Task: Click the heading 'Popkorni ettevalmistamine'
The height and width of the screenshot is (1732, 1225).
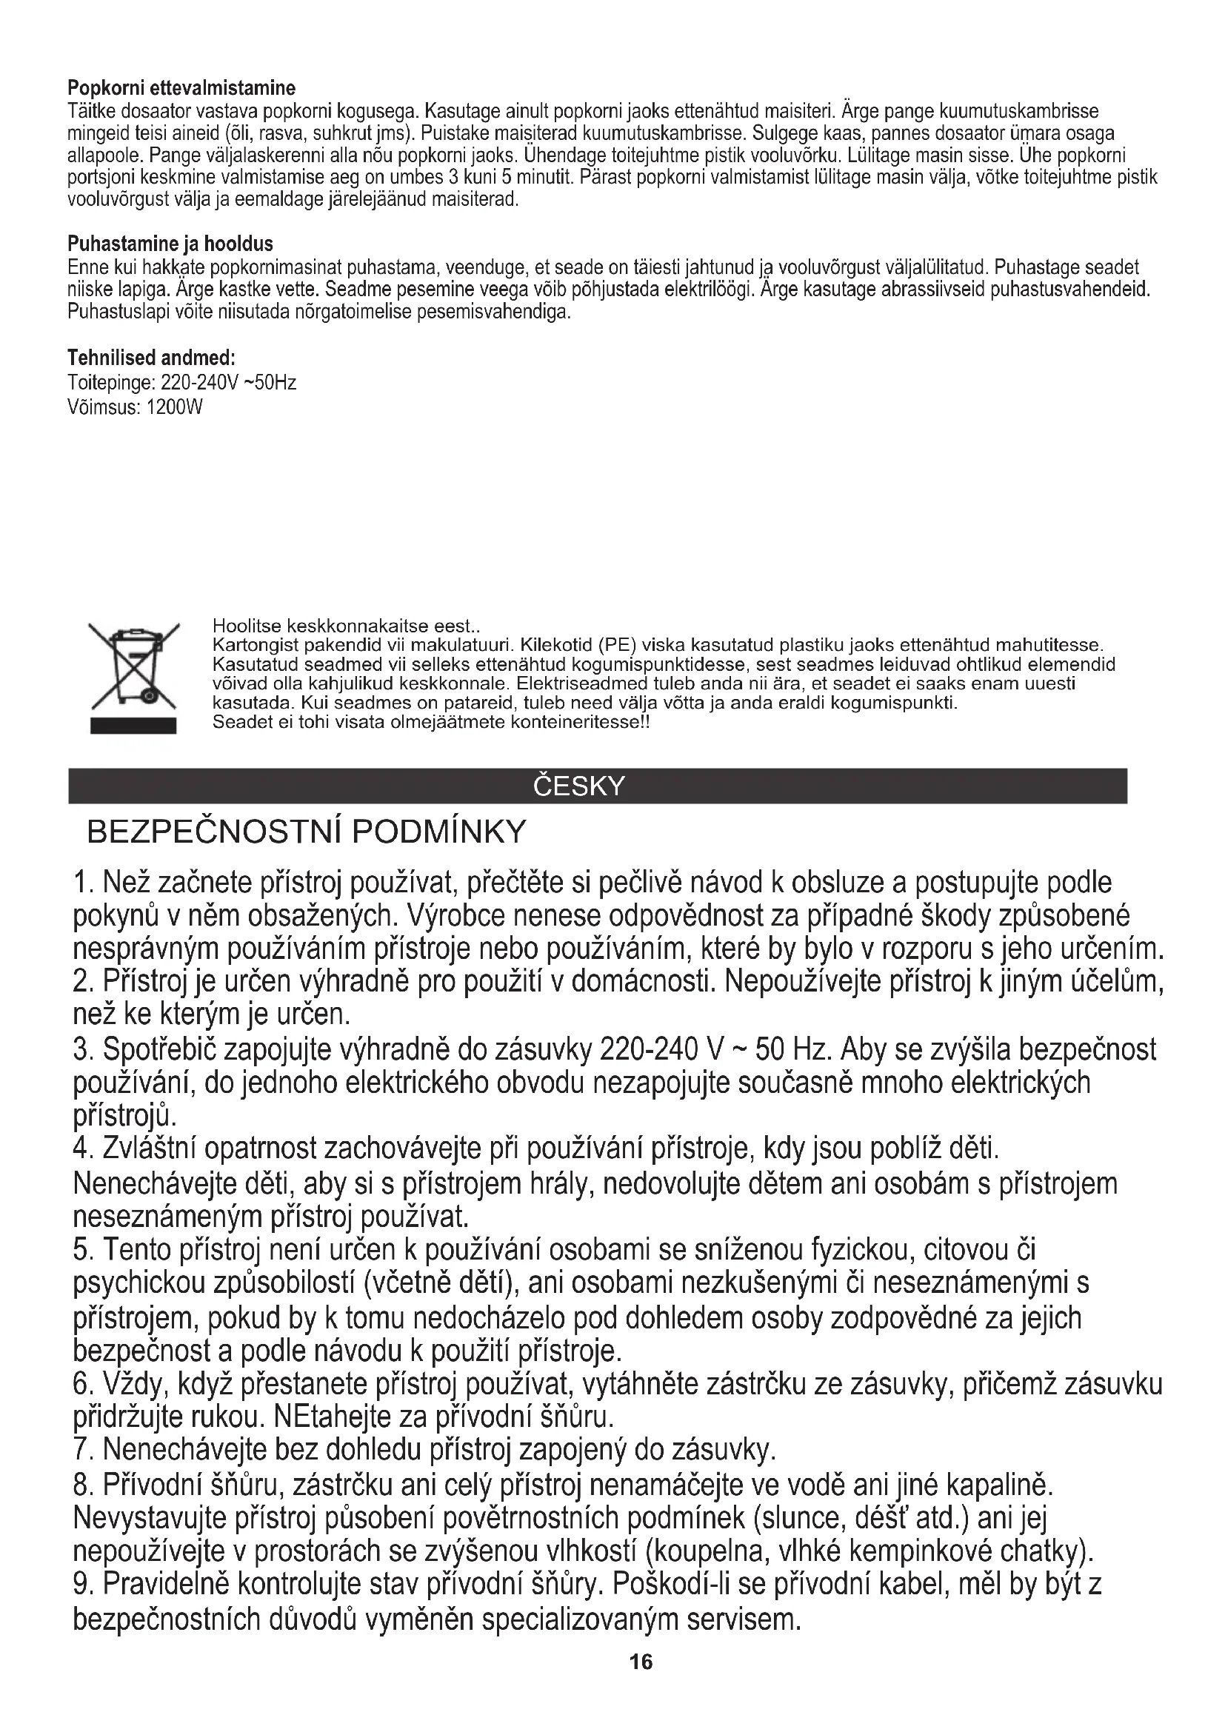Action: click(181, 88)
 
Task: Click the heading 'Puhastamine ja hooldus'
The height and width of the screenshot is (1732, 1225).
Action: click(170, 244)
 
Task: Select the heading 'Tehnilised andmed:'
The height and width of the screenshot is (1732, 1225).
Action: click(152, 357)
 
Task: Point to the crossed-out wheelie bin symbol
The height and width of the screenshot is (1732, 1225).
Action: click(133, 664)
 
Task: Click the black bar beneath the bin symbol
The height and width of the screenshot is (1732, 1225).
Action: click(133, 726)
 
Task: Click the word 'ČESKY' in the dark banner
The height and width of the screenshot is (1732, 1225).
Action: click(578, 786)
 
